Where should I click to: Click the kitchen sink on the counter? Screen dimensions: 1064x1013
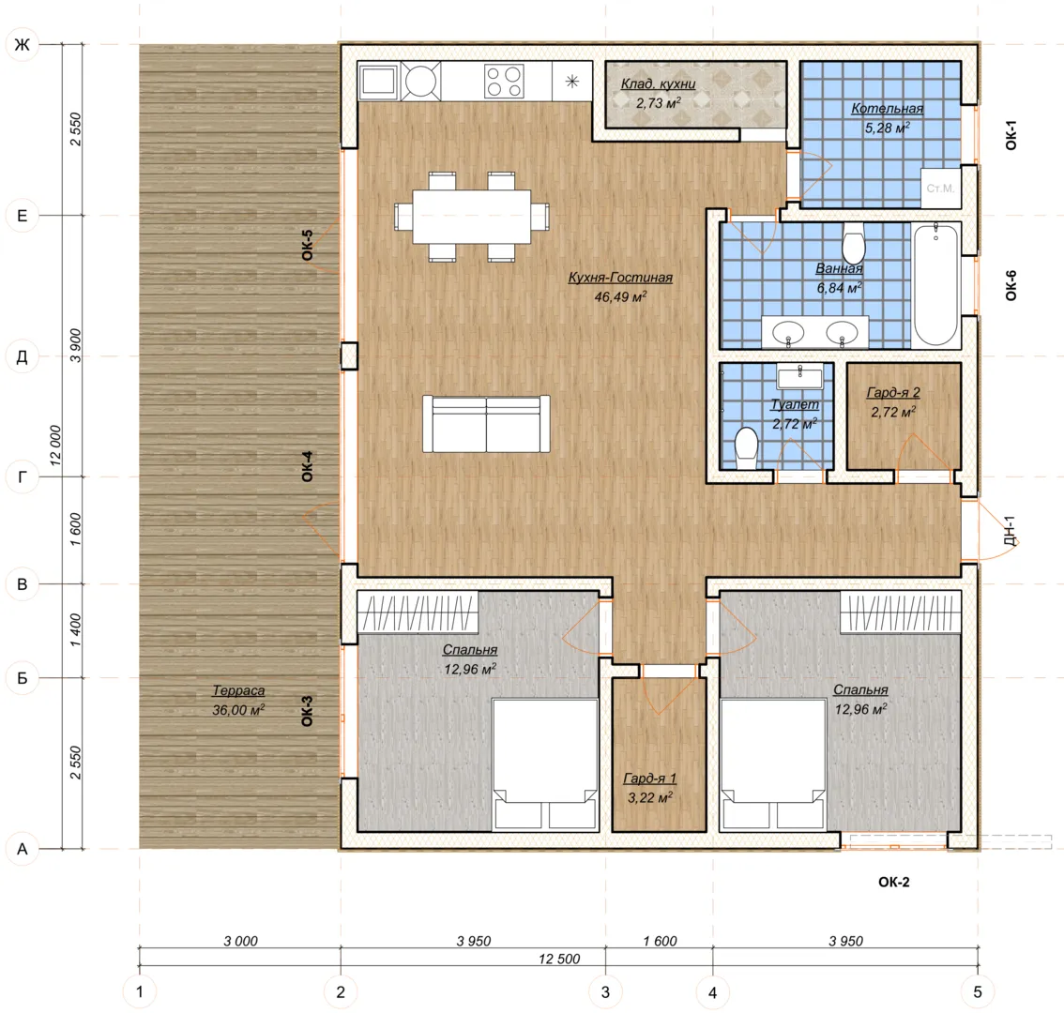[x=379, y=82]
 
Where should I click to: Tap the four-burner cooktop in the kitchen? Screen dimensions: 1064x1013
[x=504, y=82]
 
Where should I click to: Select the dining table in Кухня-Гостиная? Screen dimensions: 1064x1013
[x=472, y=217]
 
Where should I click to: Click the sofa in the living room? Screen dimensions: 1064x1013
[x=486, y=424]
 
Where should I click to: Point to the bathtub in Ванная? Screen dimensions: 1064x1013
[x=935, y=285]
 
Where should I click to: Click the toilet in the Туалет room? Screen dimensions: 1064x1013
[x=747, y=447]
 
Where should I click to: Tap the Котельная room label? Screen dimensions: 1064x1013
[x=887, y=109]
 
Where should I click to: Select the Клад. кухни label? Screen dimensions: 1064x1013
[x=659, y=83]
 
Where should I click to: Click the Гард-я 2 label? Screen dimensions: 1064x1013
[x=893, y=392]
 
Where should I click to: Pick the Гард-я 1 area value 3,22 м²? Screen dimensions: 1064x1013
[x=649, y=797]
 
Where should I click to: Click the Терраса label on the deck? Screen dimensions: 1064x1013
[x=238, y=690]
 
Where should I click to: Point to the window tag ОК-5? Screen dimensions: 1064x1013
[x=308, y=245]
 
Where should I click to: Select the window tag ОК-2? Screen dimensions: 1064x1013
[x=893, y=882]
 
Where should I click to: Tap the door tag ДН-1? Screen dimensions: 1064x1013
[x=1010, y=531]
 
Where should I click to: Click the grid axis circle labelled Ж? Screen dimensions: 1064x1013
[x=23, y=45]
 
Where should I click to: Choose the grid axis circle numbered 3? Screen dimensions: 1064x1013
[x=605, y=992]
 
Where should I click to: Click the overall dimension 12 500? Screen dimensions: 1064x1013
[x=559, y=959]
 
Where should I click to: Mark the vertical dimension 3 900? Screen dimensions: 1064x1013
[x=75, y=345]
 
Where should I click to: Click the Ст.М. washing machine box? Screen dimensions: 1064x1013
[x=940, y=188]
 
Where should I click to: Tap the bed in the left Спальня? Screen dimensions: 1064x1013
[x=545, y=764]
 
